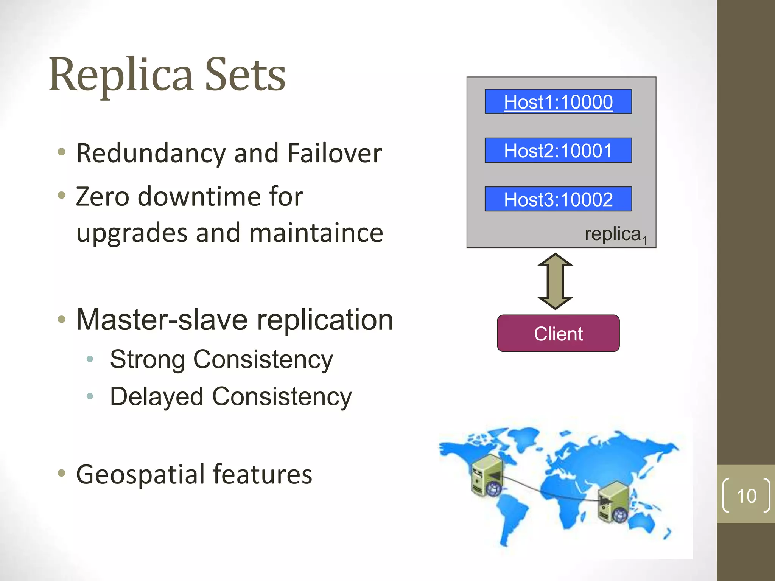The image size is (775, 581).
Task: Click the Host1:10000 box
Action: (558, 101)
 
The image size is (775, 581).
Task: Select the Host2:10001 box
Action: (558, 150)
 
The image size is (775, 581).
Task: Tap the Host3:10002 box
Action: (558, 199)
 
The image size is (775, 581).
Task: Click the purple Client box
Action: (558, 333)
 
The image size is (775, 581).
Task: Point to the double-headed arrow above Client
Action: (555, 281)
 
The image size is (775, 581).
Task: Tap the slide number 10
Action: (746, 496)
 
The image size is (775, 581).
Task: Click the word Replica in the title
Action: (121, 75)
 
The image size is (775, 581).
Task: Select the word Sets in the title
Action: (245, 75)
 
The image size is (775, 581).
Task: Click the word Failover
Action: (335, 153)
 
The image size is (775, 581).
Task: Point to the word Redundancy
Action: (151, 153)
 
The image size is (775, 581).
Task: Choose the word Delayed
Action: (157, 396)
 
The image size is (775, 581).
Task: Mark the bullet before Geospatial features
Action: (62, 473)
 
